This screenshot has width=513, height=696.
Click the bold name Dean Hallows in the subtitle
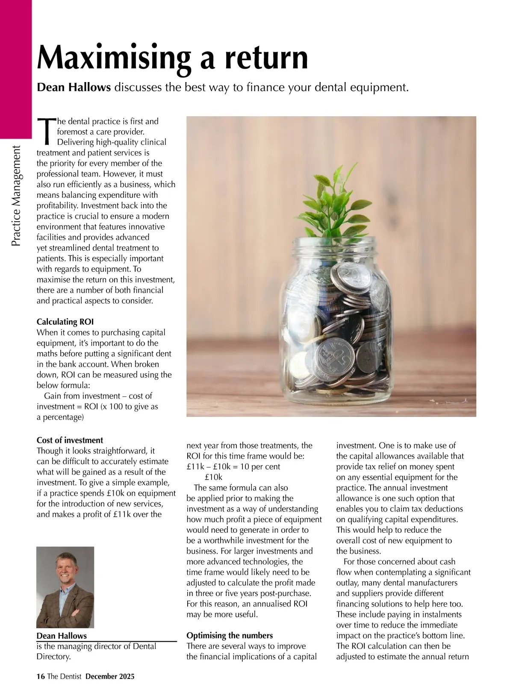tap(74, 88)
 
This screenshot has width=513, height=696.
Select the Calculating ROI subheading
tap(65, 322)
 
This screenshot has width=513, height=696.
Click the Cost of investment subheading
tap(70, 440)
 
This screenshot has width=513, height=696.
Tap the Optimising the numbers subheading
tap(230, 635)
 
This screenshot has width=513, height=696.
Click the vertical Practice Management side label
tap(16, 197)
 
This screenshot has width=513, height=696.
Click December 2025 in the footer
tap(110, 676)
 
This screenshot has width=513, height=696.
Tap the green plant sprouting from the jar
tap(333, 209)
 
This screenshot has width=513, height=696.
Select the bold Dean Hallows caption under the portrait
tap(62, 636)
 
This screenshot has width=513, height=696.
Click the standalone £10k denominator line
tap(213, 477)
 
